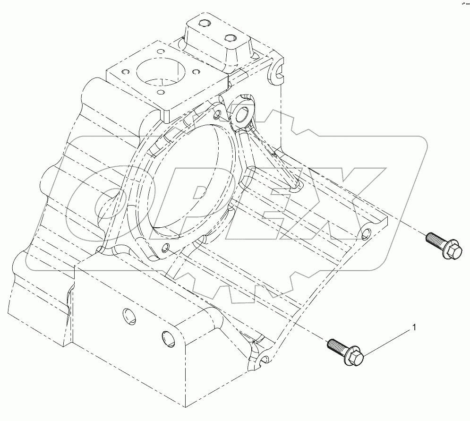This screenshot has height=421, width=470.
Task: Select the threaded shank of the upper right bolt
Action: point(432,239)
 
